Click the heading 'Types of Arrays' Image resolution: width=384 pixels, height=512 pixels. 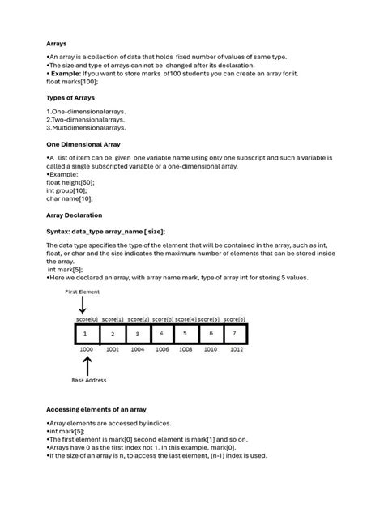[71, 97]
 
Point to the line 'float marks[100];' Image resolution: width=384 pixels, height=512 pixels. [72, 82]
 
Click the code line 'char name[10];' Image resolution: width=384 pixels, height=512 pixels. [70, 198]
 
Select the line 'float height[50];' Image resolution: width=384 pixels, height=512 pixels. [71, 183]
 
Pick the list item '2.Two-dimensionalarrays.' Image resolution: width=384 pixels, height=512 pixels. [86, 118]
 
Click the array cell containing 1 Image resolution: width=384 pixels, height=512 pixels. [87, 333]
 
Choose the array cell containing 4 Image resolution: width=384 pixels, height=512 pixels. [161, 333]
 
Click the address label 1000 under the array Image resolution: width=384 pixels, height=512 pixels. [87, 350]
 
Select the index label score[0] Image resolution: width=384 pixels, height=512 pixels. [87, 319]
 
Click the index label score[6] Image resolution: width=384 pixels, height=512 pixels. [235, 319]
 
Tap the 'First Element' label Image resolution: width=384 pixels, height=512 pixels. [83, 291]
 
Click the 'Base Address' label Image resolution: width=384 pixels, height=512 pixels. [87, 379]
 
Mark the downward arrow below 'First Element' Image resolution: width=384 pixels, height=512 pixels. [83, 305]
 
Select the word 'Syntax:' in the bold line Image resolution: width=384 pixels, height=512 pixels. [58, 232]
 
